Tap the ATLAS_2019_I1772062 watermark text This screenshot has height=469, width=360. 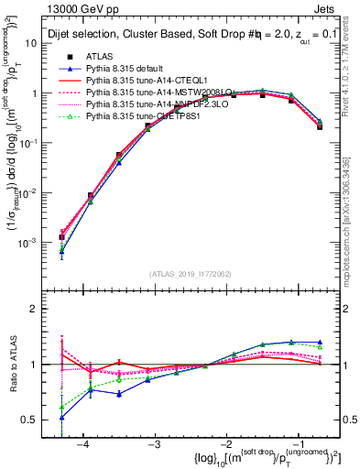(189, 273)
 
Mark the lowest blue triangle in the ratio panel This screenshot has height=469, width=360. (61, 417)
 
